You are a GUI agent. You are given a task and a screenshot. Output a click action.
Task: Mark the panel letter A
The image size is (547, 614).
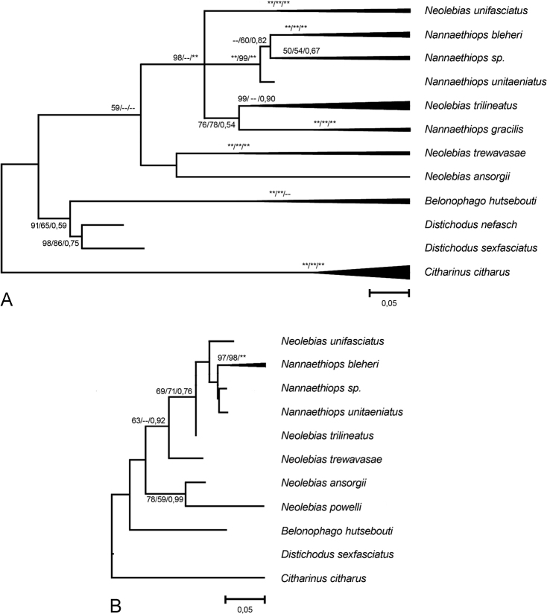(x=8, y=299)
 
